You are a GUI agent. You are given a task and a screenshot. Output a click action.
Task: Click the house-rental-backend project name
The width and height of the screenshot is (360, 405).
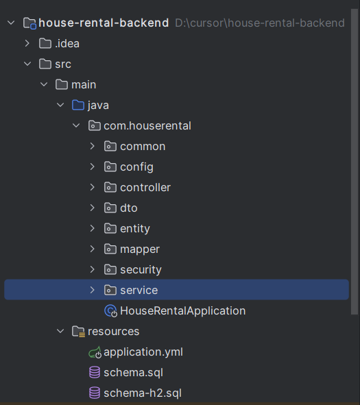click(x=104, y=23)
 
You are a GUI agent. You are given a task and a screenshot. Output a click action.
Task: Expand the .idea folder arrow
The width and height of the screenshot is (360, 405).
click(x=27, y=43)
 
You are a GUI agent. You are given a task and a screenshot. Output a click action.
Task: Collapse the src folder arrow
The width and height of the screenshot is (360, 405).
click(x=27, y=64)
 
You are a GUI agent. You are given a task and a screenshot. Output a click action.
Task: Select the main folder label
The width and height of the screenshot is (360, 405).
click(x=84, y=85)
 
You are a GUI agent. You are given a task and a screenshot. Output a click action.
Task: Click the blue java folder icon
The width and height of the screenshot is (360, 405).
click(x=78, y=105)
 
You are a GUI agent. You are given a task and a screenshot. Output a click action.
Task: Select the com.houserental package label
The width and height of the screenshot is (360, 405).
click(x=147, y=126)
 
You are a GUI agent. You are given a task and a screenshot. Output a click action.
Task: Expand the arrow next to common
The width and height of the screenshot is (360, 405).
click(x=93, y=146)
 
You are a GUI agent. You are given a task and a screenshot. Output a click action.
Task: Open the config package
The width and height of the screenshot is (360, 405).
click(x=136, y=167)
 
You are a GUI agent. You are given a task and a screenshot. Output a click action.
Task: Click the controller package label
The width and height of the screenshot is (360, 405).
click(x=145, y=188)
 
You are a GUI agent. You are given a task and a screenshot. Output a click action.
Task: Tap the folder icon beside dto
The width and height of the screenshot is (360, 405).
click(x=110, y=208)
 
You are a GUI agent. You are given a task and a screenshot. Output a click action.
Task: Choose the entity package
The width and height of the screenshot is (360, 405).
click(x=135, y=229)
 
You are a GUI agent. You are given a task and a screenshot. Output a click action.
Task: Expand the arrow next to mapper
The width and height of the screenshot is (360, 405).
click(x=93, y=249)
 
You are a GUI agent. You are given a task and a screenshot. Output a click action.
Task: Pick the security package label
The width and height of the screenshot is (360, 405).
click(x=141, y=270)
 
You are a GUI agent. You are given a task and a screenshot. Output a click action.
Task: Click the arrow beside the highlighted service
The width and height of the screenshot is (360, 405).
click(x=93, y=290)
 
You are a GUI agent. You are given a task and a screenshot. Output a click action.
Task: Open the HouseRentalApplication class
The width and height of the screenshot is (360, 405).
click(x=182, y=310)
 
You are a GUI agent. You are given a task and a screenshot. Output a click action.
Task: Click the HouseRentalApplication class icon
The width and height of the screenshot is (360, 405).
click(x=110, y=310)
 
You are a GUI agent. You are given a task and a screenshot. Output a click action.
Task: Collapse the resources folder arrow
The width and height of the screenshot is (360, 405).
click(x=60, y=331)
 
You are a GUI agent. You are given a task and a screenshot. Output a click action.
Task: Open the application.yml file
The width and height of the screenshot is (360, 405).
click(x=143, y=352)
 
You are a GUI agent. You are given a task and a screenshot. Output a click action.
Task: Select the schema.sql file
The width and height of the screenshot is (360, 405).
click(x=133, y=373)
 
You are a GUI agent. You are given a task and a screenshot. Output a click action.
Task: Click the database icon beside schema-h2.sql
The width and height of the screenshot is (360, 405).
click(x=95, y=393)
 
